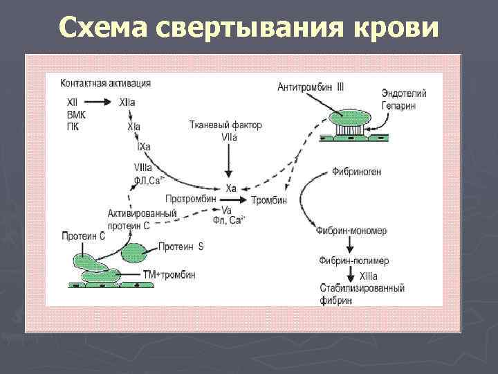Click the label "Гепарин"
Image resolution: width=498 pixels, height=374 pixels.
coord(403,105)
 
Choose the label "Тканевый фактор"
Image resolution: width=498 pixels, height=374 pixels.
coord(225,125)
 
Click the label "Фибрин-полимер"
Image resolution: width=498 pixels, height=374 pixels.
coord(353,260)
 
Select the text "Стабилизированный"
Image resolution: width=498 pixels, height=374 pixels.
coord(362,288)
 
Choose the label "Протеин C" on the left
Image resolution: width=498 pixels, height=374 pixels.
coord(83,235)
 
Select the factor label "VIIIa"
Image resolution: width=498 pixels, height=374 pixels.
coord(143,168)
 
